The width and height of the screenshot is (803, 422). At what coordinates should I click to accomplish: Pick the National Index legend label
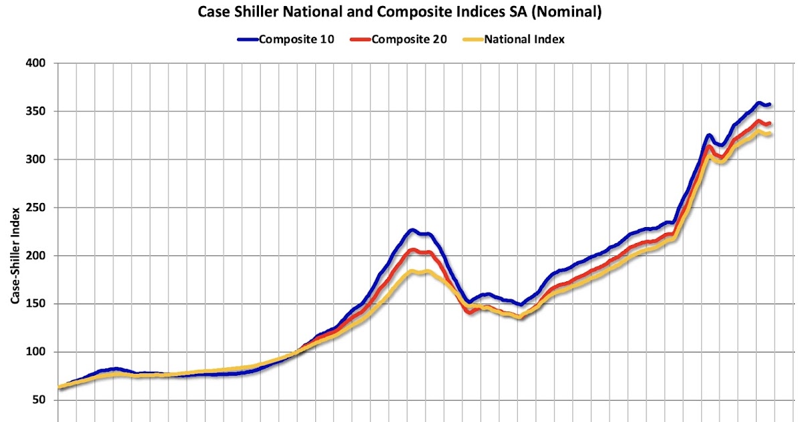tap(525, 39)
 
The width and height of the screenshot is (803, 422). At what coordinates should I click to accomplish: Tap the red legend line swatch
tap(359, 40)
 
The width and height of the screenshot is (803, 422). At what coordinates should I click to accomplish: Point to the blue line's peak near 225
tap(412, 230)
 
